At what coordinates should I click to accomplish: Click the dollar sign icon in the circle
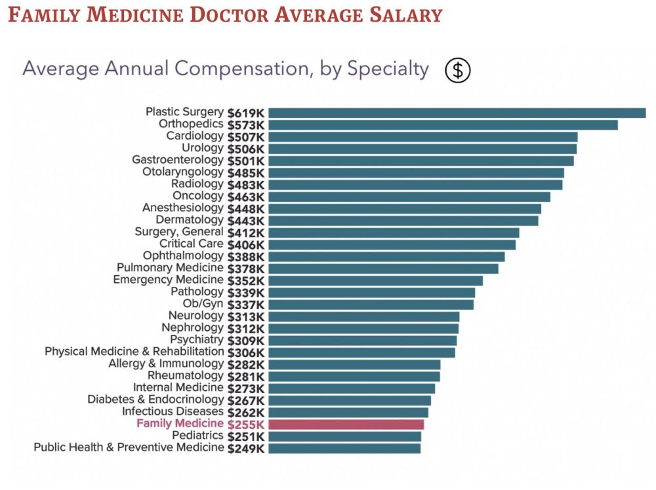click(x=458, y=70)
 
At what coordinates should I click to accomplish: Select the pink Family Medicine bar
click(x=346, y=424)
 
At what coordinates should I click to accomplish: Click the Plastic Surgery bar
click(x=457, y=113)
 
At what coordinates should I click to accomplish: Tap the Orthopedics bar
click(x=443, y=124)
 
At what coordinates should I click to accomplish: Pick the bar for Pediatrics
click(x=344, y=436)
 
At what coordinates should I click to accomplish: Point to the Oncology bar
click(x=409, y=197)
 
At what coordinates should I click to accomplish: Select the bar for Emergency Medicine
click(x=375, y=280)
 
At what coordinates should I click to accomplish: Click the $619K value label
click(x=246, y=113)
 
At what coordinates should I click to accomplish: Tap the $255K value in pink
click(x=246, y=424)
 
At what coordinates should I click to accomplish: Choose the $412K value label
click(x=246, y=233)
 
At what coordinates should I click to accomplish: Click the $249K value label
click(x=246, y=449)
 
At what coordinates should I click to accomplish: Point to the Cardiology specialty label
click(x=195, y=136)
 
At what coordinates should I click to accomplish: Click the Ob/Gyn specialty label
click(x=203, y=304)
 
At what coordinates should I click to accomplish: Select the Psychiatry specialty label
click(x=197, y=340)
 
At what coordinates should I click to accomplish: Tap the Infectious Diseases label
click(x=173, y=412)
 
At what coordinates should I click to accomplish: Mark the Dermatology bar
click(x=403, y=220)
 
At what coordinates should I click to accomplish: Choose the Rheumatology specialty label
click(x=186, y=376)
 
